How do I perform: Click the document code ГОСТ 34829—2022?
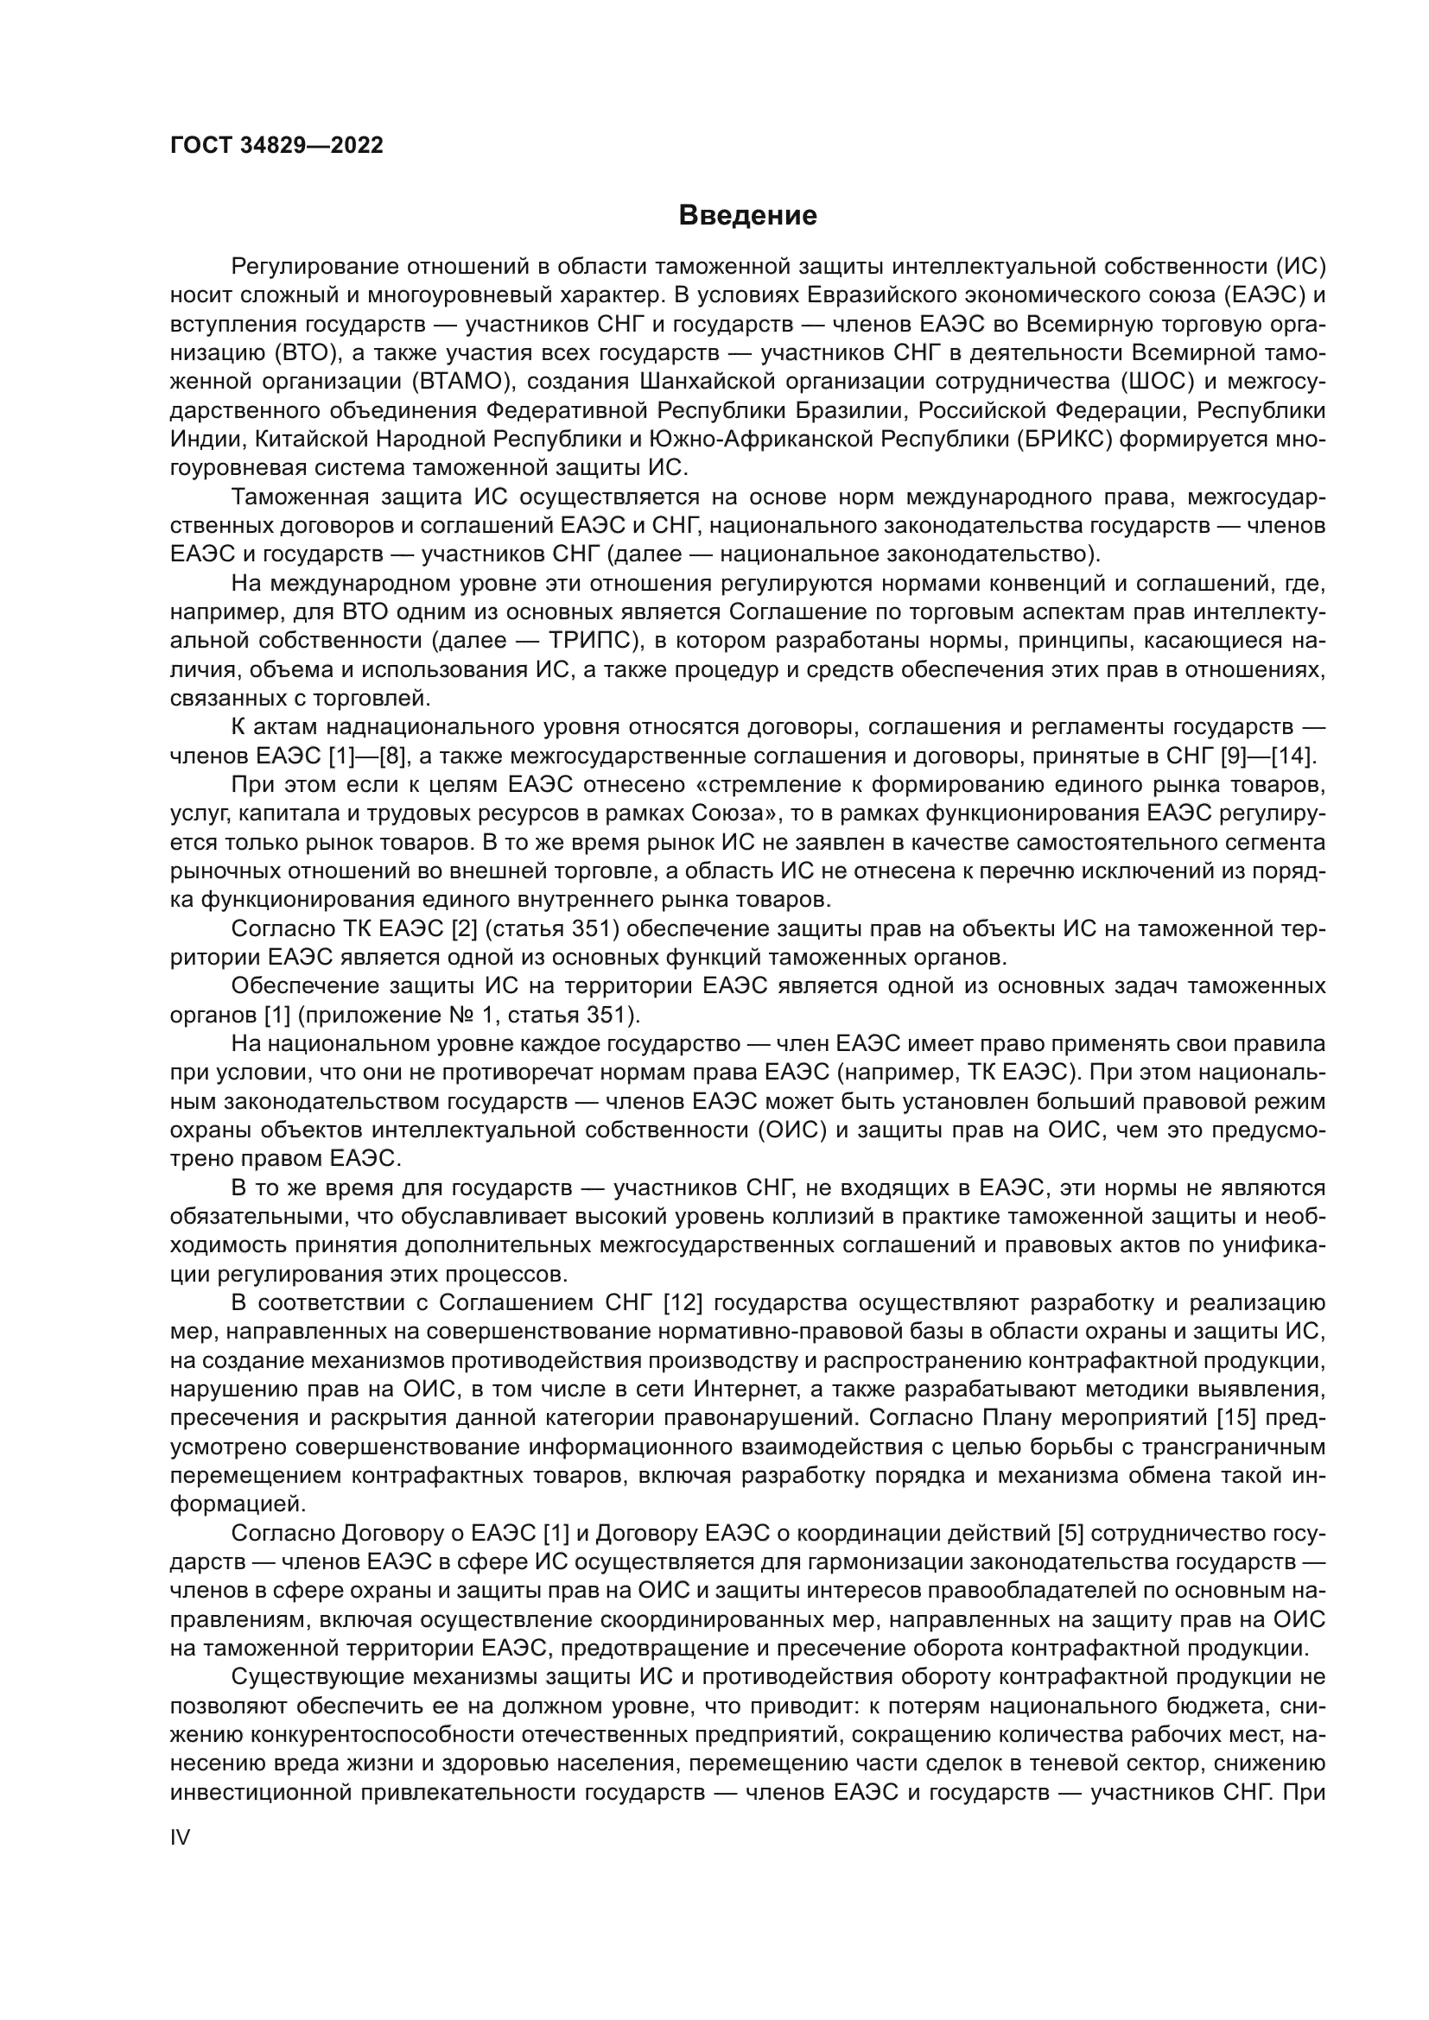[276, 146]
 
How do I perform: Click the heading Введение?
[747, 216]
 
